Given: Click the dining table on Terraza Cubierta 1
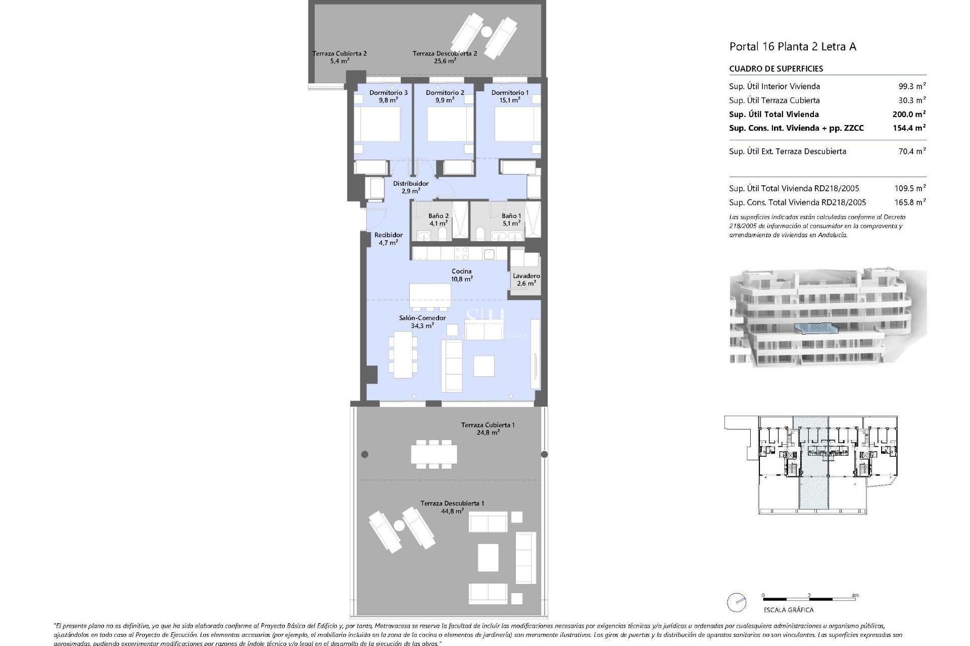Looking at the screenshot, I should [x=434, y=454].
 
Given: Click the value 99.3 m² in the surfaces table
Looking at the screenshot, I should [x=912, y=86].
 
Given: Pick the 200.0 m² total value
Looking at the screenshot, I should [x=909, y=114].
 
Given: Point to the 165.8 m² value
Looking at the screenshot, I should [x=909, y=202].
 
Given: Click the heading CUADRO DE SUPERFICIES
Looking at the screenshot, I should [x=776, y=69].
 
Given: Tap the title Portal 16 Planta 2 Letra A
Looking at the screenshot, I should [x=793, y=47].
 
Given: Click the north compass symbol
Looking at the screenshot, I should [x=737, y=602].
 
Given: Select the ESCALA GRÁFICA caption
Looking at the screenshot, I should [x=788, y=610].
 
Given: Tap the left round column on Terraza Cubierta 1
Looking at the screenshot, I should [x=365, y=454].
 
